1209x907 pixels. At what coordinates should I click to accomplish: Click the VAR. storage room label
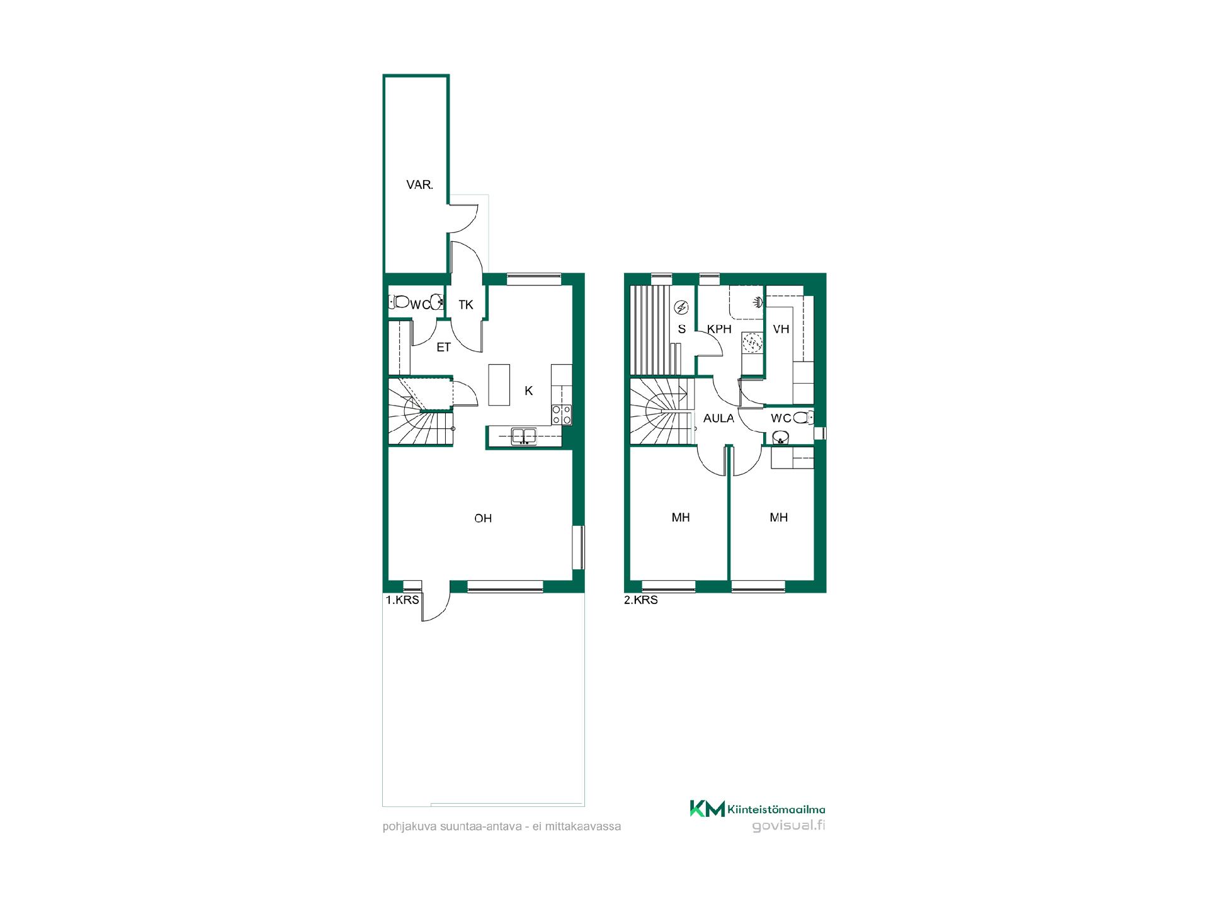click(419, 185)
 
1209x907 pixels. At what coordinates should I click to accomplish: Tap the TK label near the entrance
click(466, 305)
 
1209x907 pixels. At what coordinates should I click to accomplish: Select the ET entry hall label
click(444, 347)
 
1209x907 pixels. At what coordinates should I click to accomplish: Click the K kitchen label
click(529, 391)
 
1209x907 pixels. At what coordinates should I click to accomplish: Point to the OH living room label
click(483, 518)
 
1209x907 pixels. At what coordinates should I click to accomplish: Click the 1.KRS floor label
click(402, 600)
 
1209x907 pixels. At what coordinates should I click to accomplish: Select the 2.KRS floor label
click(641, 600)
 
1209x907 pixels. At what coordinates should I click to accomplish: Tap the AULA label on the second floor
click(718, 418)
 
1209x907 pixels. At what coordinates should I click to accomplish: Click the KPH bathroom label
click(719, 329)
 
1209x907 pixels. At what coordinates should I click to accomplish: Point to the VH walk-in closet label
click(781, 329)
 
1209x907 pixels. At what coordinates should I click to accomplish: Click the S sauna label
click(681, 329)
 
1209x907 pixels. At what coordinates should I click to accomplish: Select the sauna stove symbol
click(681, 307)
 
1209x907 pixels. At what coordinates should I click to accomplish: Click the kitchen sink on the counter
click(523, 435)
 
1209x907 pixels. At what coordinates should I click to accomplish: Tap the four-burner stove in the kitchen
click(562, 414)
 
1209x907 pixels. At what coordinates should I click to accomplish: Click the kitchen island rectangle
click(499, 384)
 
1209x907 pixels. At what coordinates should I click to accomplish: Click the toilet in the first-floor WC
click(399, 302)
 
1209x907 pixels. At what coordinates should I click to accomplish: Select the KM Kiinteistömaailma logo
click(758, 809)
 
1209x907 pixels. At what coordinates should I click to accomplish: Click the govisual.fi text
click(788, 826)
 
